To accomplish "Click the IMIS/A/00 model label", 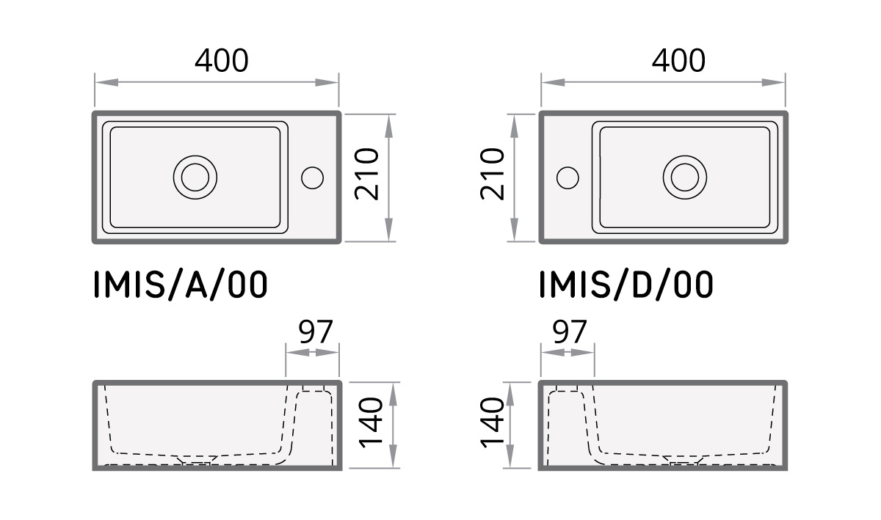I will tap(181, 285).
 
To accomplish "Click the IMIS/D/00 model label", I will tap(626, 285).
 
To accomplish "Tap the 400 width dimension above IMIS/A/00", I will tap(221, 61).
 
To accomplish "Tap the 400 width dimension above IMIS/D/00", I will tap(678, 61).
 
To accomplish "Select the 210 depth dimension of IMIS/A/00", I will tap(366, 175).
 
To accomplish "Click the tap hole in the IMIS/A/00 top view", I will tap(313, 177).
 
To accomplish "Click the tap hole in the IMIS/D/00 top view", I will tap(568, 177).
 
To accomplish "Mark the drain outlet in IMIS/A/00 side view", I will tap(196, 461).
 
